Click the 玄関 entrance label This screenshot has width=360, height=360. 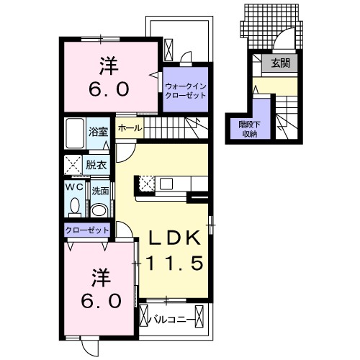(x=281, y=63)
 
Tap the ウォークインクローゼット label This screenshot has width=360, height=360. (x=186, y=91)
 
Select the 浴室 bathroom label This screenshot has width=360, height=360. (x=99, y=132)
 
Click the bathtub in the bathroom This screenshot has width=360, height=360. (x=75, y=133)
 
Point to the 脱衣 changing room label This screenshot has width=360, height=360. (x=96, y=165)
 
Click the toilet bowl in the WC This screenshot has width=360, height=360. (x=75, y=206)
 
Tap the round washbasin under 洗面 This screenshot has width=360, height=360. (x=100, y=210)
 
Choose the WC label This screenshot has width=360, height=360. (x=75, y=187)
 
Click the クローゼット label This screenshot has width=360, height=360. (x=87, y=230)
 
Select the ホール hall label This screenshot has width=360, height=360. (x=130, y=128)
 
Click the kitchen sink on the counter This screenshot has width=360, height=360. (x=166, y=184)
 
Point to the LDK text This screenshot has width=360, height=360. (x=174, y=238)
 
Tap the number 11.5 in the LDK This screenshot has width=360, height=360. (x=174, y=263)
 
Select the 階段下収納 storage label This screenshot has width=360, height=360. (x=250, y=130)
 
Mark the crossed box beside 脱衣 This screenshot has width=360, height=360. (x=73, y=165)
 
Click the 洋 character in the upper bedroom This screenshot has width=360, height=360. (x=109, y=66)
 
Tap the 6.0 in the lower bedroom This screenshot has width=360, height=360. (x=101, y=301)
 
